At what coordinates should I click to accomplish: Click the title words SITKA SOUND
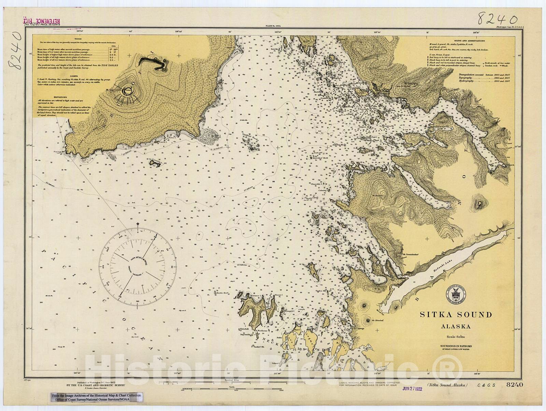[456, 314]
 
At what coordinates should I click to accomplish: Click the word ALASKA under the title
[456, 326]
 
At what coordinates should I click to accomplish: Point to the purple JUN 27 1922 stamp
[412, 388]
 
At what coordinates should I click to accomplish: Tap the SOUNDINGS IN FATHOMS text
[456, 346]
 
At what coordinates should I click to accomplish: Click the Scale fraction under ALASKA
[456, 337]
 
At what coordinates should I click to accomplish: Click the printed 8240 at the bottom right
[515, 385]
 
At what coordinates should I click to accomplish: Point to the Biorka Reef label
[220, 293]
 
